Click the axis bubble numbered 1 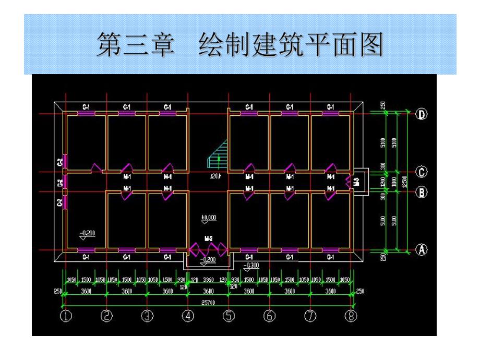(x=66, y=316)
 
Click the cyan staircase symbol (x=218, y=155)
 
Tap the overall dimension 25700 (x=208, y=303)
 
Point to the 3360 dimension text (x=208, y=280)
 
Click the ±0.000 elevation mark (x=209, y=217)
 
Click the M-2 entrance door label (x=208, y=238)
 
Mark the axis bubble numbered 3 (x=147, y=316)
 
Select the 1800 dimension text (x=395, y=182)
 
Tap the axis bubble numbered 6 (x=269, y=316)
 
